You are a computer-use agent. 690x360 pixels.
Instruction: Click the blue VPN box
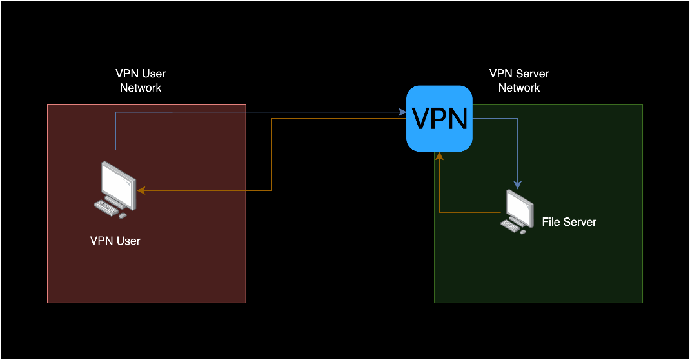tap(439, 118)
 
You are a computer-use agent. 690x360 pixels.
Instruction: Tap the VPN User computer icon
tap(115, 189)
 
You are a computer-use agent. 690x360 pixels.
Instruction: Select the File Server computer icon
tap(517, 212)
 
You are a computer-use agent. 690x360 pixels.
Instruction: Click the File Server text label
tap(569, 222)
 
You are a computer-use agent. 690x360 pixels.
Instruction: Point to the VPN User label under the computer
tap(115, 241)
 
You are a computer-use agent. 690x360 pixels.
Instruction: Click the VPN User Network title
tap(141, 81)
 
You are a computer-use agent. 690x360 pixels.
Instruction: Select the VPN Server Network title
tap(519, 81)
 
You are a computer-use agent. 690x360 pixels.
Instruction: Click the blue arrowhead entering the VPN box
tap(402, 112)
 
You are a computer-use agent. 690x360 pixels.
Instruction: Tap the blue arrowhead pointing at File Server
tap(517, 185)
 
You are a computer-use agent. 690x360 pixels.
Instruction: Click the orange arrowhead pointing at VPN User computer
tap(141, 190)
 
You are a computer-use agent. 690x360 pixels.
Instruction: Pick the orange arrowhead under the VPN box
tap(439, 155)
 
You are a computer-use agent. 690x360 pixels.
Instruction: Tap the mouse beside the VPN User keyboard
tap(123, 215)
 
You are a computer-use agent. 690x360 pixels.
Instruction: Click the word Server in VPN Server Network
tap(533, 74)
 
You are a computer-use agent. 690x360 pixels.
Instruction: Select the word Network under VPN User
tap(141, 88)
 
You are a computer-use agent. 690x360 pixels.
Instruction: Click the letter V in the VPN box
tap(420, 118)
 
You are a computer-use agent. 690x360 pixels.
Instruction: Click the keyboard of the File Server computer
tap(510, 225)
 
